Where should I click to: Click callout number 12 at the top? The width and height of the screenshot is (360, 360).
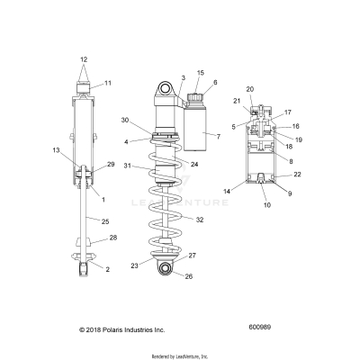pyautogui.click(x=84, y=59)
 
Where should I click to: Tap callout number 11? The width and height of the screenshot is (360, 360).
pyautogui.click(x=107, y=83)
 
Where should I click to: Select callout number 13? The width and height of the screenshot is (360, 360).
pyautogui.click(x=56, y=149)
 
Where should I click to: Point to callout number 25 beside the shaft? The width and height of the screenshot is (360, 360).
pyautogui.click(x=106, y=221)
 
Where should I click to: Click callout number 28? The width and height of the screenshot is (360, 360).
pyautogui.click(x=113, y=238)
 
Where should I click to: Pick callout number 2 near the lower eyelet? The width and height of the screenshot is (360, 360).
pyautogui.click(x=107, y=269)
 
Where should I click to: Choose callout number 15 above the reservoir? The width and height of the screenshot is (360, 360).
pyautogui.click(x=200, y=72)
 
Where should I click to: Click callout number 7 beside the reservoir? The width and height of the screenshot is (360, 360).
pyautogui.click(x=217, y=135)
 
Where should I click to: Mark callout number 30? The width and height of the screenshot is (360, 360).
pyautogui.click(x=125, y=121)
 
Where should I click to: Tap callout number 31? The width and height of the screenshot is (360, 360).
pyautogui.click(x=128, y=166)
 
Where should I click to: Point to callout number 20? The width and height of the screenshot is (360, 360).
pyautogui.click(x=250, y=89)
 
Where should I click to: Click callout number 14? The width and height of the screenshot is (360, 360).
pyautogui.click(x=227, y=192)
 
